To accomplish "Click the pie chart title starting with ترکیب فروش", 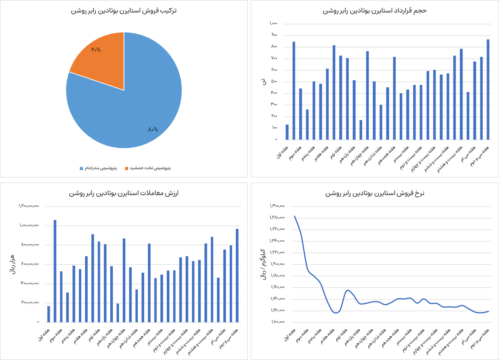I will pyautogui.click(x=124, y=11).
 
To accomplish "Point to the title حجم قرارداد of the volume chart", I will pyautogui.click(x=375, y=11).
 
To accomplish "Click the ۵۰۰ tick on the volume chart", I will pyautogui.click(x=274, y=82).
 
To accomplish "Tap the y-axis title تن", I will pyautogui.click(x=263, y=82).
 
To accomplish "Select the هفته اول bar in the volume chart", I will pyautogui.click(x=287, y=132).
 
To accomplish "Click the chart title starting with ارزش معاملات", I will pyautogui.click(x=124, y=193).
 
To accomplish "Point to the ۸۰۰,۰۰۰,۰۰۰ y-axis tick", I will pyautogui.click(x=30, y=245).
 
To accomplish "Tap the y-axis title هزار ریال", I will pyautogui.click(x=12, y=264).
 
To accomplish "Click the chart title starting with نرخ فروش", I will pyautogui.click(x=375, y=193).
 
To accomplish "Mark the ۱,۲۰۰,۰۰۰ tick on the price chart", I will pyautogui.click(x=277, y=264).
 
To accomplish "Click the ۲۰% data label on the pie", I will pyautogui.click(x=96, y=50).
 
